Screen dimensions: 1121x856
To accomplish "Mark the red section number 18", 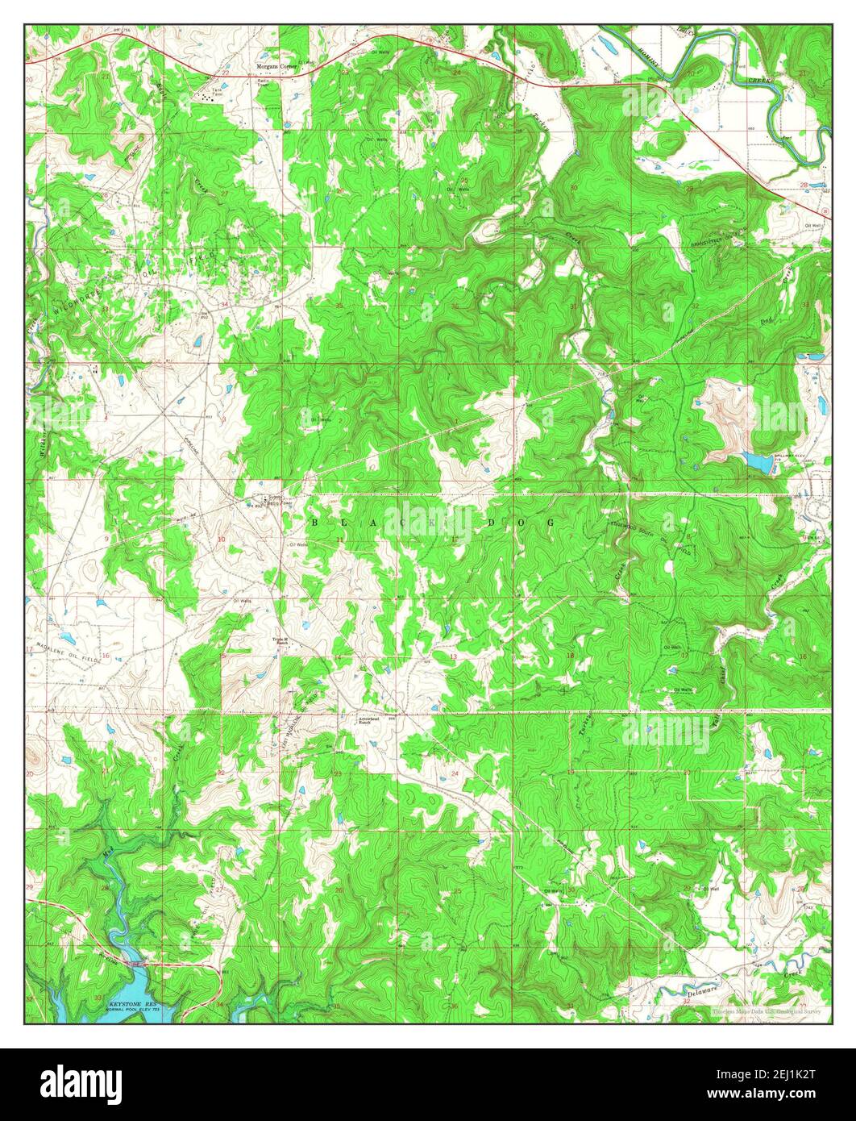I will coord(571,655).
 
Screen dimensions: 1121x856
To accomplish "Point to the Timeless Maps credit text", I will coord(766,1011).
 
